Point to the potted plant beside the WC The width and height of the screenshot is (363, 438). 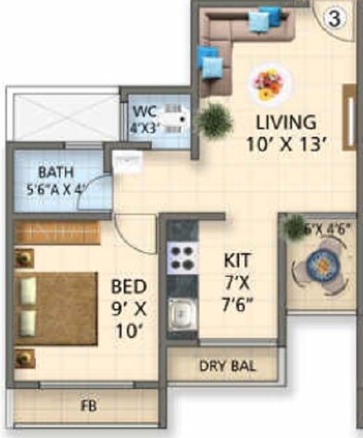click(x=215, y=119)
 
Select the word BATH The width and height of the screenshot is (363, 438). click(x=56, y=172)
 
